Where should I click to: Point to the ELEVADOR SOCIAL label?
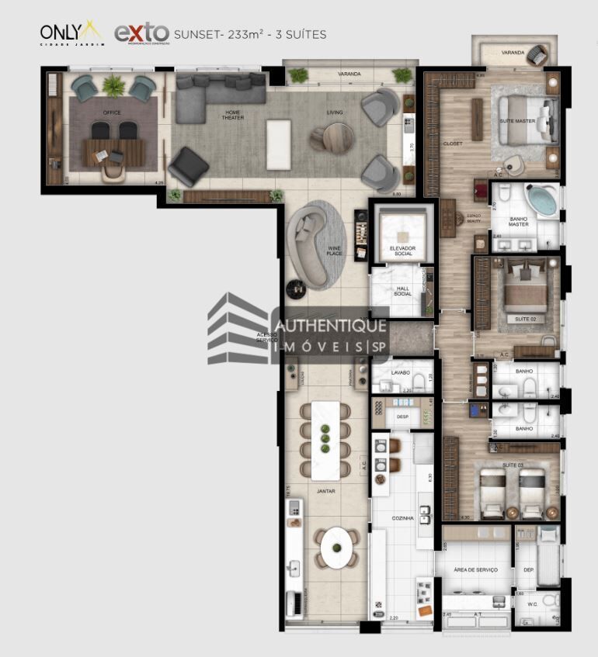click(x=402, y=251)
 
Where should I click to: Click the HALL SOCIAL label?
click(x=402, y=291)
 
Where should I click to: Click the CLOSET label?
click(x=453, y=144)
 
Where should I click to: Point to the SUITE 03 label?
click(x=512, y=464)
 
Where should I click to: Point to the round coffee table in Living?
click(x=331, y=138)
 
